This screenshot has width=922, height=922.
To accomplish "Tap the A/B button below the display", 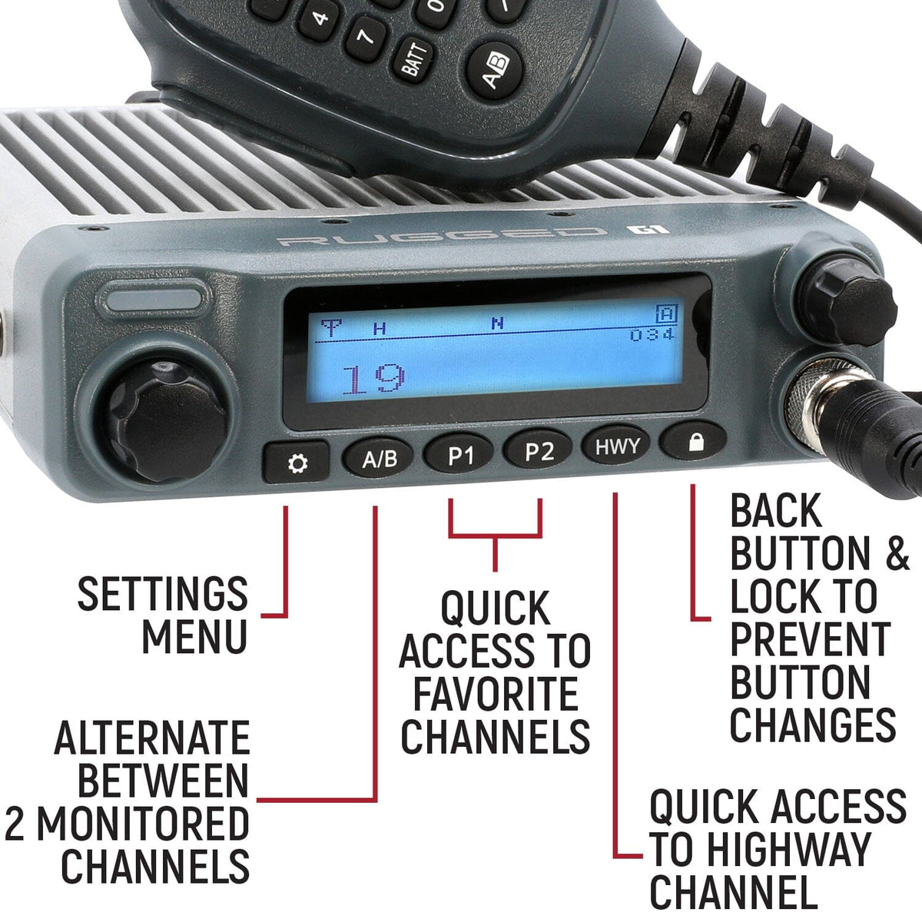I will click(380, 459).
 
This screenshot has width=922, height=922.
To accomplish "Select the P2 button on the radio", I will click(539, 451).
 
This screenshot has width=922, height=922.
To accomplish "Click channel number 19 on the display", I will click(373, 379).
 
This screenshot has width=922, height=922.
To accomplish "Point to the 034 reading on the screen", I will click(652, 334).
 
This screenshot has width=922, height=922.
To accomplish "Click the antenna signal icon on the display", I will click(331, 329).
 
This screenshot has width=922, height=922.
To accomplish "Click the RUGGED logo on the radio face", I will click(439, 237).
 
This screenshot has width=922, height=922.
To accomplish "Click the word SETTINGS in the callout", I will click(162, 594).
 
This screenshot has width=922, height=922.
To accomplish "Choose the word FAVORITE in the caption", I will click(496, 694).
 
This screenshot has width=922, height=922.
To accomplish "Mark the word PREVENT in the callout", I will click(810, 638).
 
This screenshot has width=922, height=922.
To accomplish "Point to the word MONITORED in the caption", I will click(143, 824).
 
